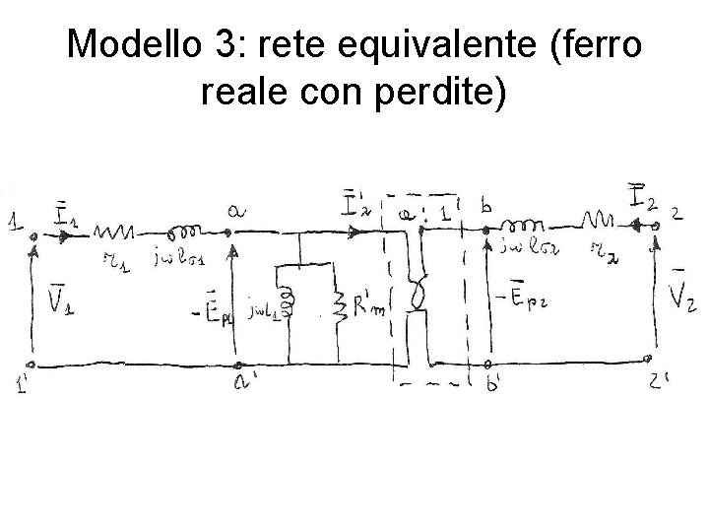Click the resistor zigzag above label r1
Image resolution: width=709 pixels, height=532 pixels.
tap(116, 233)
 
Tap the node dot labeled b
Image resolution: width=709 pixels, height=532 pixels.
tap(485, 232)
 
